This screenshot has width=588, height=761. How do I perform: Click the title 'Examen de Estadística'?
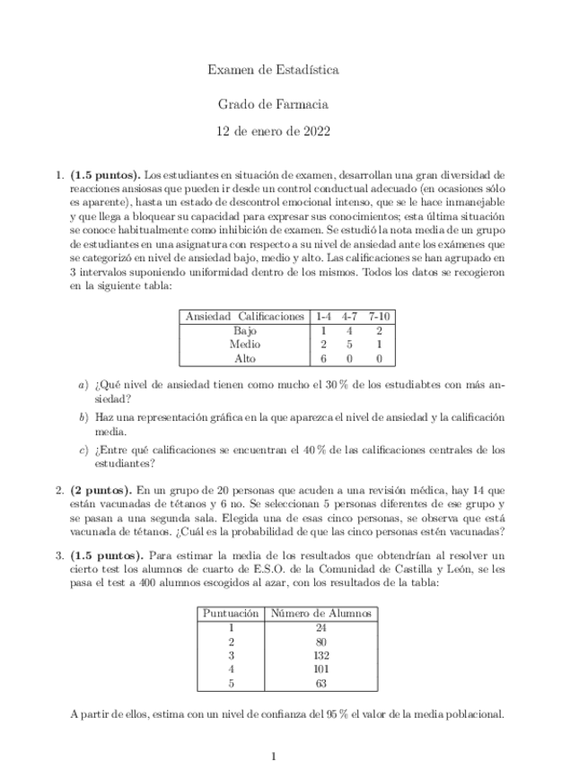(273, 68)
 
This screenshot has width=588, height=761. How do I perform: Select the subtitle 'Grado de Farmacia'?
(273, 104)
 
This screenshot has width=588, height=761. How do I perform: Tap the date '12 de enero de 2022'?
(273, 131)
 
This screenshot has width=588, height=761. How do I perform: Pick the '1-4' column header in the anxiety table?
(323, 317)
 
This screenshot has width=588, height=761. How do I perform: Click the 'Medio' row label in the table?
(244, 344)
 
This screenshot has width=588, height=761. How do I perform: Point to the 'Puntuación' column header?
(232, 614)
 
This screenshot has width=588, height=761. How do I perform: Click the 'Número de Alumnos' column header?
(320, 614)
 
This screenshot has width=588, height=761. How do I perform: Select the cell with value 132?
(320, 654)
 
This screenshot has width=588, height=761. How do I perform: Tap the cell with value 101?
(320, 668)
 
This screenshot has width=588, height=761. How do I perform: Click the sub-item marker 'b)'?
(83, 418)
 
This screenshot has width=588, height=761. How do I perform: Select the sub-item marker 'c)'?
(83, 450)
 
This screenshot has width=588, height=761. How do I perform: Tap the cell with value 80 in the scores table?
(320, 641)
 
